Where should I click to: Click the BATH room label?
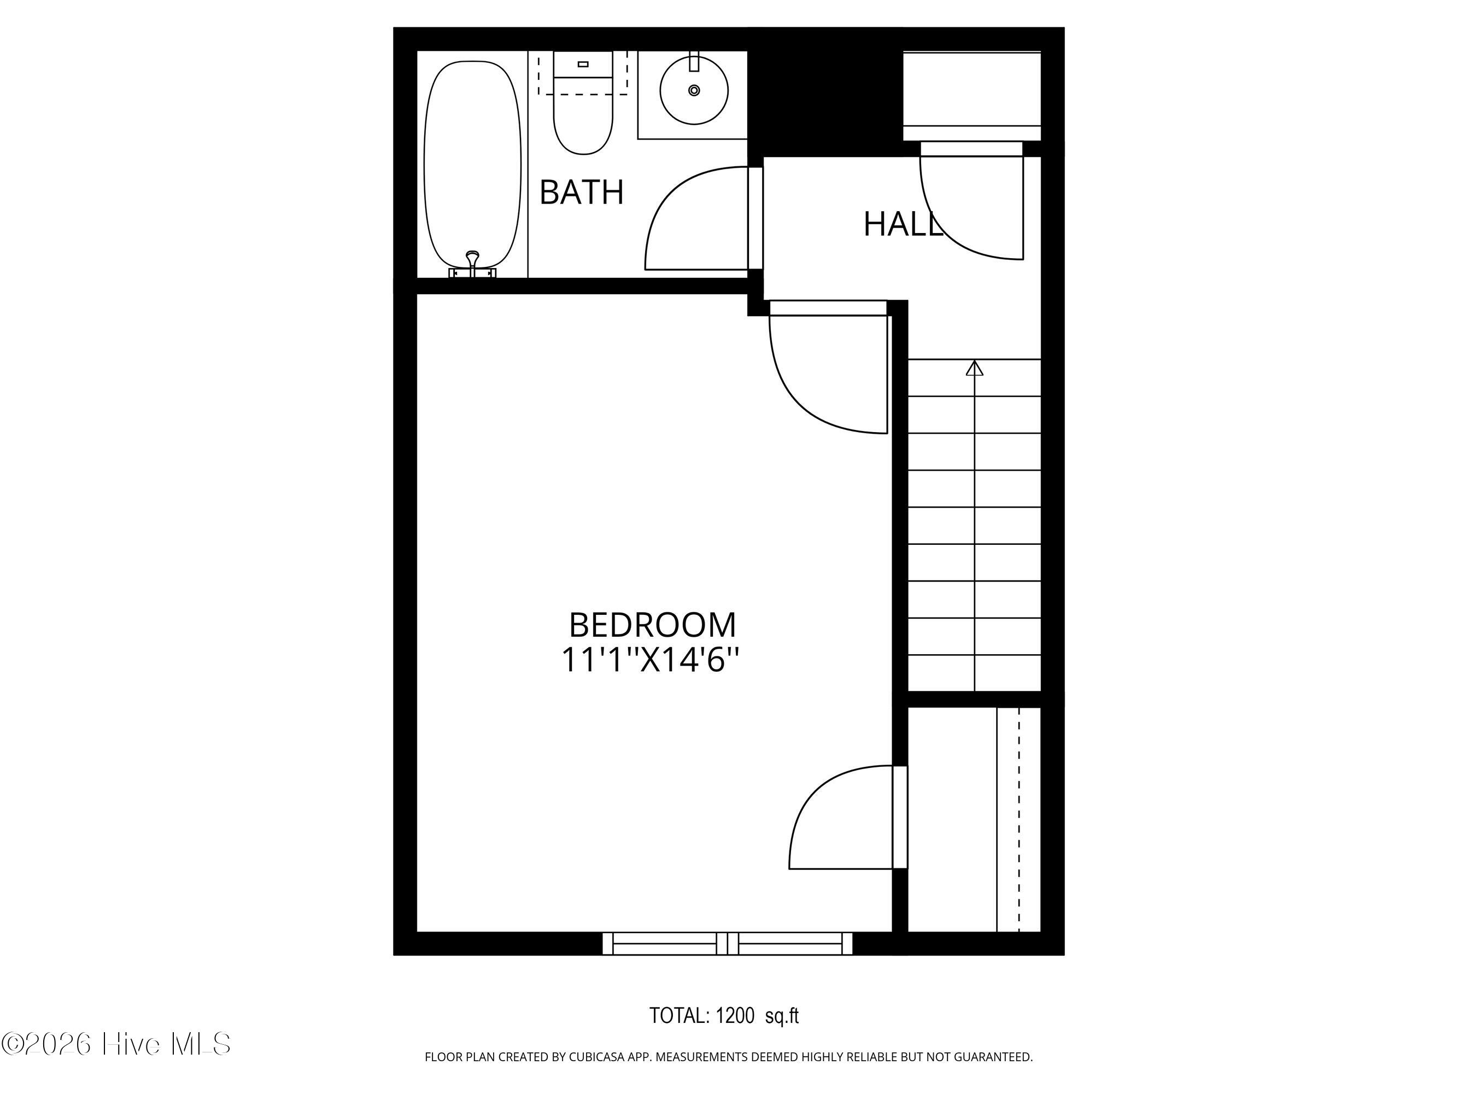[x=581, y=193]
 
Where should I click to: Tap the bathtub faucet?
[x=472, y=261]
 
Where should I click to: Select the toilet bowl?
[x=583, y=122]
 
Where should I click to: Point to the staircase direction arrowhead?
[x=974, y=368]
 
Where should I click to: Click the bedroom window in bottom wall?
[x=727, y=943]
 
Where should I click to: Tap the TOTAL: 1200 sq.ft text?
[x=724, y=1016]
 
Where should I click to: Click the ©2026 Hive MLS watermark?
[x=116, y=1044]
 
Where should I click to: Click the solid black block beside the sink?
[x=824, y=92]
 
